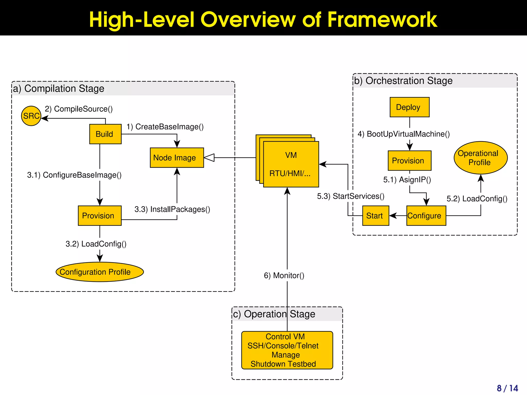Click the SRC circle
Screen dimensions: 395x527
tap(31, 116)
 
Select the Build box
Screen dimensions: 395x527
tap(105, 134)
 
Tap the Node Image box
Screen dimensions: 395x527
tap(177, 158)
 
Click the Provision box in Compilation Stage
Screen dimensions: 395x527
tap(100, 216)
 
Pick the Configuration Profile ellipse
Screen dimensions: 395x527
tap(100, 272)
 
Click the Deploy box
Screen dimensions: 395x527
tap(409, 107)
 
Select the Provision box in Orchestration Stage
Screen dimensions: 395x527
tap(409, 161)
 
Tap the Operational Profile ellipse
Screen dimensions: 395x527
tap(480, 158)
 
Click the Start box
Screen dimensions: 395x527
tap(375, 216)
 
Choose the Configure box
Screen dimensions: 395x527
tap(426, 216)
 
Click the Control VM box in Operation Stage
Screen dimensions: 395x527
tap(287, 350)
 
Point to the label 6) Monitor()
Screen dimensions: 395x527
tap(284, 275)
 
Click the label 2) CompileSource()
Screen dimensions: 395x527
tap(79, 109)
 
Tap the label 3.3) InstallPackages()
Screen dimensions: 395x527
tap(172, 209)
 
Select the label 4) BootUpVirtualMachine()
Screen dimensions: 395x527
tap(403, 134)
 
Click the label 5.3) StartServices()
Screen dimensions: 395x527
tap(350, 196)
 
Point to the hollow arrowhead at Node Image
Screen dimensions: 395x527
tap(209, 157)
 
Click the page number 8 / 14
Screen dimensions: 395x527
tap(507, 388)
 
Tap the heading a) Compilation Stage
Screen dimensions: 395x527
tap(59, 88)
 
